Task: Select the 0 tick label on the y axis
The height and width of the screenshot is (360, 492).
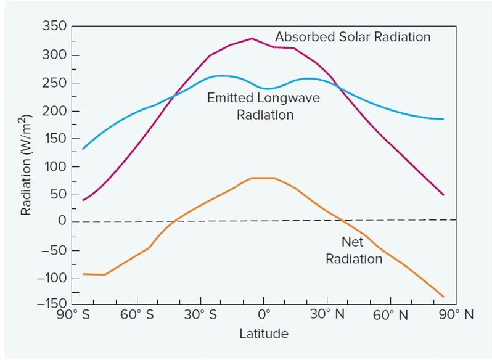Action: click(60, 221)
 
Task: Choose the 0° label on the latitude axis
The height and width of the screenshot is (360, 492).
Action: click(264, 315)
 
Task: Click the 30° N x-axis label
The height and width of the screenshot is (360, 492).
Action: click(327, 315)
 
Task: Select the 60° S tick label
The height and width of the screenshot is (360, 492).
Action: click(137, 315)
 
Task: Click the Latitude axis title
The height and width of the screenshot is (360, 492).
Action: click(263, 334)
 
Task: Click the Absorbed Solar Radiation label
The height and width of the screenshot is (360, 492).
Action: click(353, 37)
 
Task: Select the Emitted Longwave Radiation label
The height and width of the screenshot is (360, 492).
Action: click(264, 106)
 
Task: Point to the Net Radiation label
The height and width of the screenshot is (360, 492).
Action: click(354, 251)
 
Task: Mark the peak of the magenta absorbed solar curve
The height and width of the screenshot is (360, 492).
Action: click(252, 38)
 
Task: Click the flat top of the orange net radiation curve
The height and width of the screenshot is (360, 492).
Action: click(263, 178)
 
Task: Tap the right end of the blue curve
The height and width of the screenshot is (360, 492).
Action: click(443, 119)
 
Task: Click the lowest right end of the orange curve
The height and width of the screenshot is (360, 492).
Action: click(443, 297)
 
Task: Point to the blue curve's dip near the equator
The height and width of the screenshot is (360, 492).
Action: click(265, 89)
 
